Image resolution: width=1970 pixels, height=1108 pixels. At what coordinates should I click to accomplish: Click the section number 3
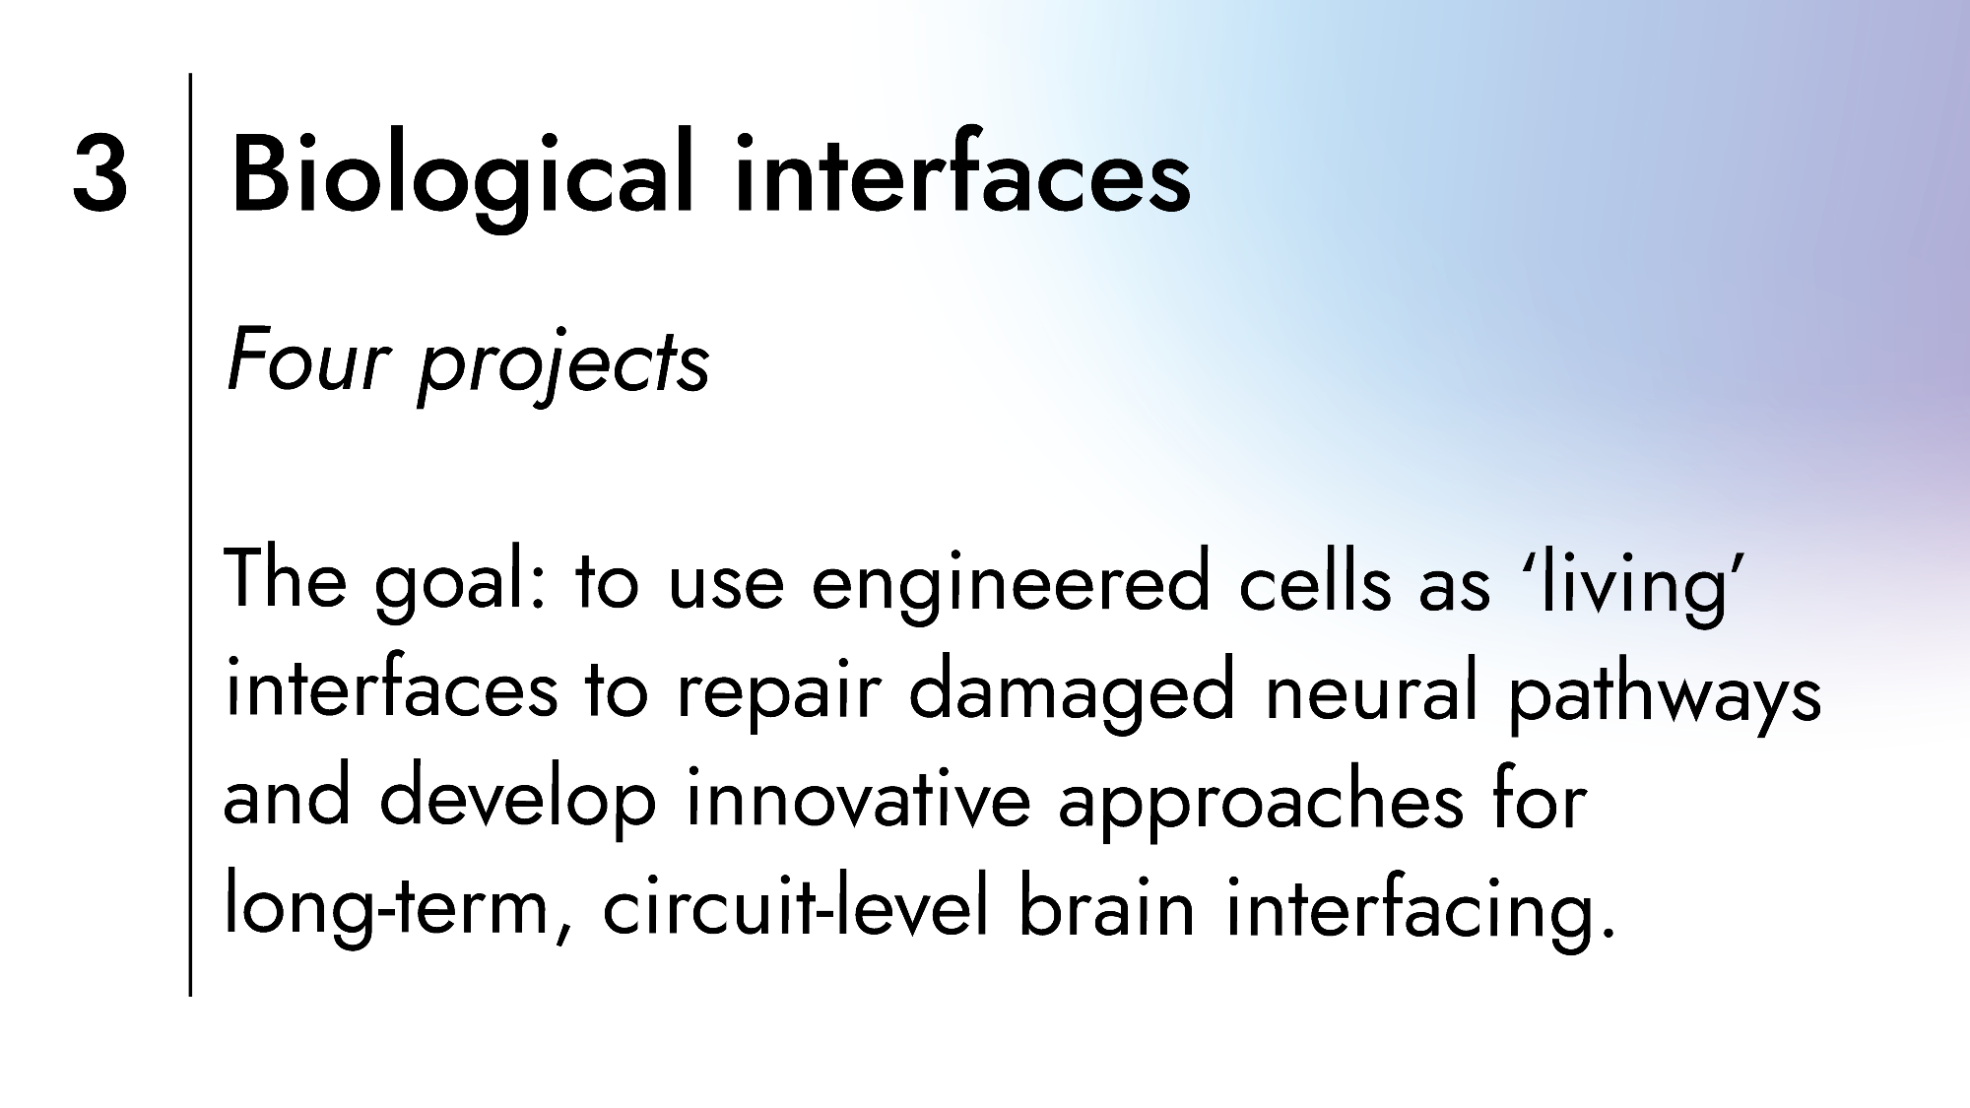click(x=99, y=174)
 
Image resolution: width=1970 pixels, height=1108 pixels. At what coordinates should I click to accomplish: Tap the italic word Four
click(x=309, y=360)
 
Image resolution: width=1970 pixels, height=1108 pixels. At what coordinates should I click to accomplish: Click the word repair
click(x=777, y=694)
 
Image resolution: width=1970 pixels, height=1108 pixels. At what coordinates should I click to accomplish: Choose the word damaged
click(x=1072, y=694)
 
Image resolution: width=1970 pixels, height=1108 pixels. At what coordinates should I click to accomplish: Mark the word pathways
click(x=1665, y=694)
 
